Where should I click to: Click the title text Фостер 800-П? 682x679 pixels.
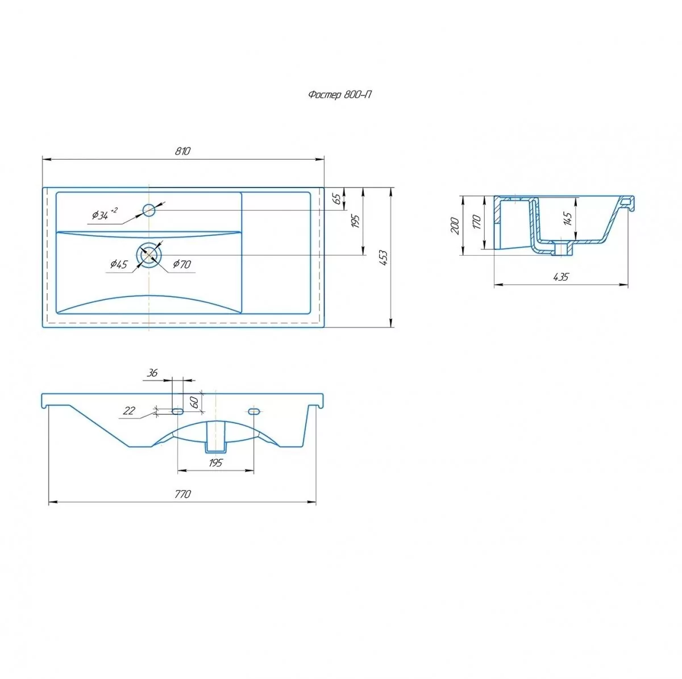click(x=340, y=95)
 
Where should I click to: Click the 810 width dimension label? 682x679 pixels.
click(x=182, y=151)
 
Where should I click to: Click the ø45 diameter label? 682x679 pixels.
click(x=119, y=264)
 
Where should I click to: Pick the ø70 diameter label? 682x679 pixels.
click(x=182, y=264)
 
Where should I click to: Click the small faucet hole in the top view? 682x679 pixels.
click(x=149, y=210)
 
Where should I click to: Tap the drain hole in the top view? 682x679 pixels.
click(x=149, y=256)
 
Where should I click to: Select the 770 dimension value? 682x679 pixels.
click(x=182, y=494)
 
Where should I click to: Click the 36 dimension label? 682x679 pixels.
click(x=152, y=373)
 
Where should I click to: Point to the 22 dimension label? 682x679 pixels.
click(x=130, y=411)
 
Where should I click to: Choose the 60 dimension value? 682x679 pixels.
click(x=193, y=402)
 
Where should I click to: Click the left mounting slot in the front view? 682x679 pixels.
click(x=178, y=410)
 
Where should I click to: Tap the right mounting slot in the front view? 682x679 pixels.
click(x=253, y=410)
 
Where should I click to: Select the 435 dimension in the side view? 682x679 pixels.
click(x=560, y=277)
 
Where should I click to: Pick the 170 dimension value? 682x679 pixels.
click(x=477, y=222)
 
